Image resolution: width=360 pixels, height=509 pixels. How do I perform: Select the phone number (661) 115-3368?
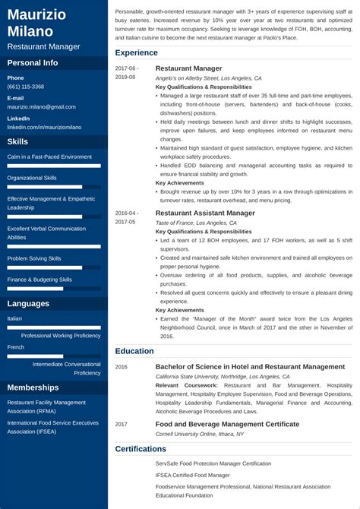[x=25, y=87]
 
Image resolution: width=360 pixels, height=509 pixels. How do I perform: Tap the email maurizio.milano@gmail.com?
[x=38, y=107]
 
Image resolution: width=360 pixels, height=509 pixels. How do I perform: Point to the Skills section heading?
[x=17, y=142]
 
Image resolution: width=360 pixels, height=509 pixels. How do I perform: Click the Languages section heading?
[x=28, y=304]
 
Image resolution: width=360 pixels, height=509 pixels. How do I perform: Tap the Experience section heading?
[x=136, y=53]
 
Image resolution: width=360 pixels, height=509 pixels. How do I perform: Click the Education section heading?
[x=134, y=351]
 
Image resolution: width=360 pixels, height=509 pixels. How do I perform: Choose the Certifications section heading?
[x=141, y=449]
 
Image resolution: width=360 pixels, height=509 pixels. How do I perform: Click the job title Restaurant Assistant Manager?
[x=205, y=213]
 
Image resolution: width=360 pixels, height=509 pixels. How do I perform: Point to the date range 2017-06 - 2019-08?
[x=126, y=72]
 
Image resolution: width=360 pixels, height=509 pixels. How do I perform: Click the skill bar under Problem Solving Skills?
[x=53, y=267]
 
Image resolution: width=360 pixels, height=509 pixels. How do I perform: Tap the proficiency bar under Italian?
[x=53, y=327]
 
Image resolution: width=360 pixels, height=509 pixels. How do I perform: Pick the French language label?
[x=15, y=346]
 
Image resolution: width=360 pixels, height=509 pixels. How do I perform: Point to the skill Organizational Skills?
[x=32, y=178]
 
